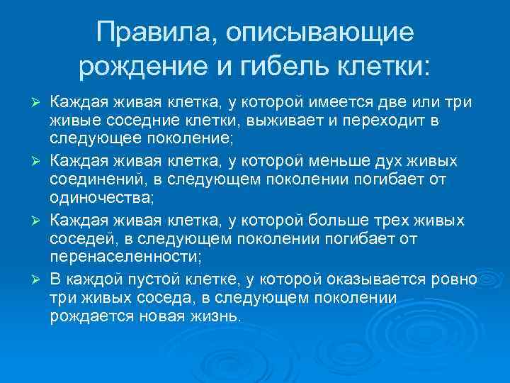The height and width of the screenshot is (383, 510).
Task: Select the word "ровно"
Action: pyautogui.click(x=454, y=277)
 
